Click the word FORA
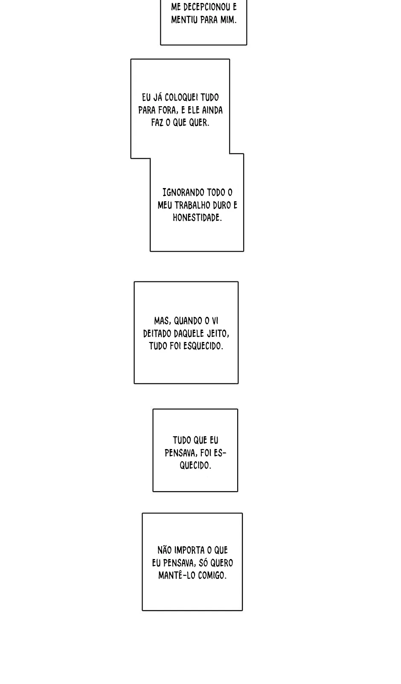coord(168,110)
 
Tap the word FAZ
coord(157,123)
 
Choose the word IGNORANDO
coord(183,193)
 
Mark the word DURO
coord(222,205)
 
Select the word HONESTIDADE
coord(197,218)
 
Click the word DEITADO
coord(157,333)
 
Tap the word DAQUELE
coord(189,333)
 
